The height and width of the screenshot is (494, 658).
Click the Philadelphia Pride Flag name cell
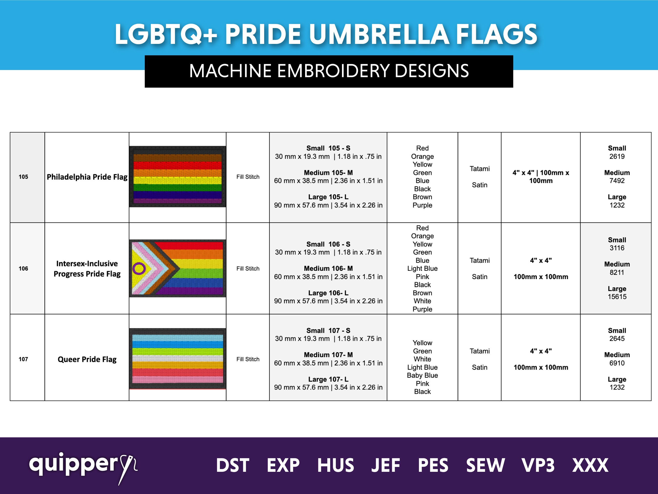(x=87, y=177)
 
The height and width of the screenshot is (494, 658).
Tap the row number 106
(x=23, y=269)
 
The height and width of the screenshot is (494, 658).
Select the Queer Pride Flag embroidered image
(x=178, y=359)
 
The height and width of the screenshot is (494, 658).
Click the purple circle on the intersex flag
(x=139, y=269)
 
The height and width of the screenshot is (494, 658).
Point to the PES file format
(x=433, y=465)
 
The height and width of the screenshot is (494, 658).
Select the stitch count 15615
(x=617, y=297)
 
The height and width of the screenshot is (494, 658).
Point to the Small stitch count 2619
(x=617, y=156)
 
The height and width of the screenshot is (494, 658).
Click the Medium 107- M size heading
(x=328, y=355)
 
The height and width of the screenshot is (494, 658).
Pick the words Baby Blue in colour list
(x=422, y=375)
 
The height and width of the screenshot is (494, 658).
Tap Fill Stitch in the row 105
(x=248, y=177)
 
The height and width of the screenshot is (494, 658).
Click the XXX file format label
(x=590, y=465)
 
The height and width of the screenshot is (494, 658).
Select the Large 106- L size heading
(x=328, y=293)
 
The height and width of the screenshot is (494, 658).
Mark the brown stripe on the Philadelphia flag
(x=178, y=158)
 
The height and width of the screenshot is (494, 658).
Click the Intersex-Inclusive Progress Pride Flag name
(x=87, y=269)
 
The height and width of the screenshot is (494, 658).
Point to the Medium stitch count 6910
(x=617, y=363)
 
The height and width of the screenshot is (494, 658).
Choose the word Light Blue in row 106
(x=422, y=269)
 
